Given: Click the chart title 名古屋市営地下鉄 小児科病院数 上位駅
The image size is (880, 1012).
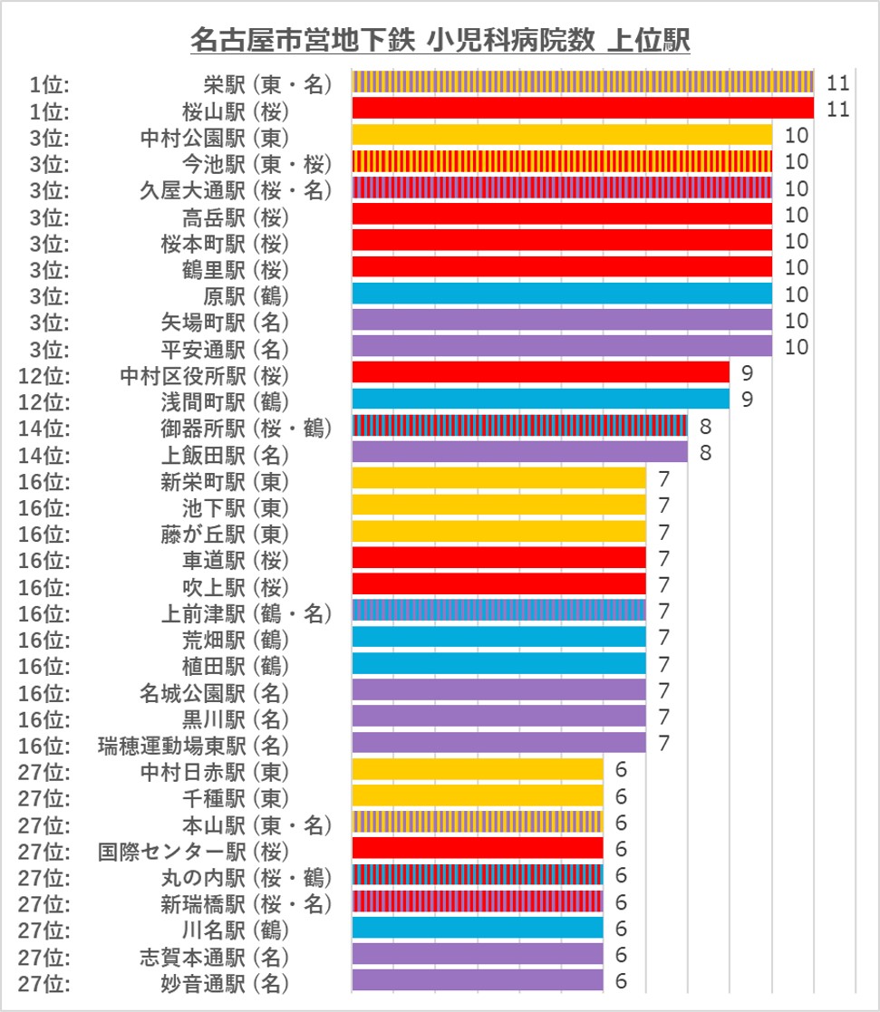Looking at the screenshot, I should click(x=440, y=41).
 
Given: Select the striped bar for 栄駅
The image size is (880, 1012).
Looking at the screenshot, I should click(x=582, y=83).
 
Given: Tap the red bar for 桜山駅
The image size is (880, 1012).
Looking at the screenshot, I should click(x=582, y=110).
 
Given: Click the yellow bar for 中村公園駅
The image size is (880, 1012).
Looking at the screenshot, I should click(x=561, y=136).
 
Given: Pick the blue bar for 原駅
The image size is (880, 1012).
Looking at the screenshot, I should click(x=561, y=294).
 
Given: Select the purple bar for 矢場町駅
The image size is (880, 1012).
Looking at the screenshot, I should click(x=561, y=320).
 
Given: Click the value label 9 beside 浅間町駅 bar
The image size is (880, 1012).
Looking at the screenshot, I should click(x=747, y=399).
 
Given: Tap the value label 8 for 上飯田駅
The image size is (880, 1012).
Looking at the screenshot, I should click(x=704, y=451).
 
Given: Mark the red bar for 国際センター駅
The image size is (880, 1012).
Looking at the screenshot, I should click(x=477, y=848).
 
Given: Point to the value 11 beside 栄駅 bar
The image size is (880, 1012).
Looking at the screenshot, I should click(x=836, y=83).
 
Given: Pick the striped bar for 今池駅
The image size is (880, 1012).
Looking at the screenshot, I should click(x=561, y=162).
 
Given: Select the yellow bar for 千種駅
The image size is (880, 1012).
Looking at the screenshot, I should click(x=477, y=795).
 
